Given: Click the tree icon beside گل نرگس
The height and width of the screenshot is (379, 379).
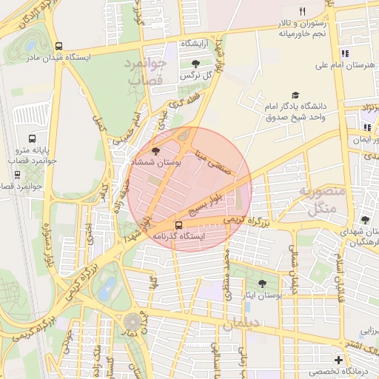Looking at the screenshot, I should (195, 64).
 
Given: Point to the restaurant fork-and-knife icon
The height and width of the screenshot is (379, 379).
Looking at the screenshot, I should (302, 11).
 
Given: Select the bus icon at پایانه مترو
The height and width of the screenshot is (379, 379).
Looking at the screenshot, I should (32, 138).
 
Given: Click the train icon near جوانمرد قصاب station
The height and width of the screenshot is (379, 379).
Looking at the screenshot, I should (18, 175).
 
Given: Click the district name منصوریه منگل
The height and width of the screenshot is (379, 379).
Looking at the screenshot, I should (322, 199).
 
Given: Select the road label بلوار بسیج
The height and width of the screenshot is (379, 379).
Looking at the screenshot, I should (205, 199).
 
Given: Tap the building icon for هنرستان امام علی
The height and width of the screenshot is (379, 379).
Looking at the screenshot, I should (344, 53).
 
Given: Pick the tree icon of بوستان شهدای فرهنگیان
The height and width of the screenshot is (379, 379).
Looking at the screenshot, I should (364, 220).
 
